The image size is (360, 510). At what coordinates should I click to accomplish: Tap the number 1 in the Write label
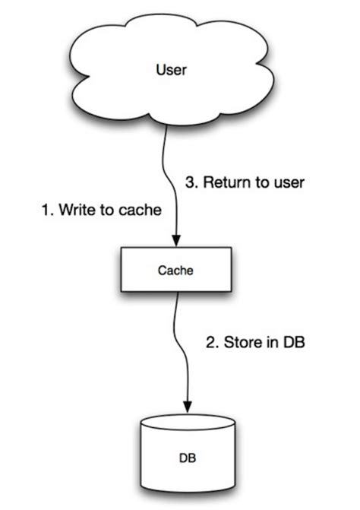pos(43,211)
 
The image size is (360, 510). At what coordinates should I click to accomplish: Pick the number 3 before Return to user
pos(191,182)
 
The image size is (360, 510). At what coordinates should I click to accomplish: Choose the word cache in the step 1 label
pos(142,211)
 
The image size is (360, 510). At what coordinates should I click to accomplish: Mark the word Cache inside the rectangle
pos(175,270)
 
